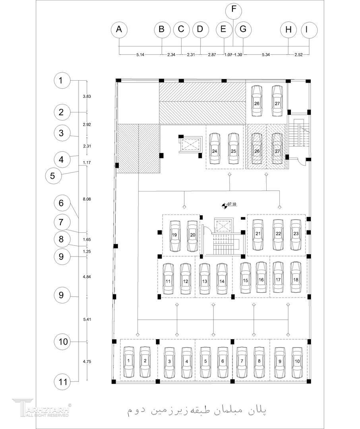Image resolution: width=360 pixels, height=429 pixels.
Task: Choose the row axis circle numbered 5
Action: click(53, 175)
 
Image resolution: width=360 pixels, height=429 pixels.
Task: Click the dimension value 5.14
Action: click(139, 55)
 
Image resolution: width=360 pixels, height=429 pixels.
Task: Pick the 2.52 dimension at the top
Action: click(298, 55)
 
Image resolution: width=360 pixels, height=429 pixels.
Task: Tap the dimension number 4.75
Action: click(87, 361)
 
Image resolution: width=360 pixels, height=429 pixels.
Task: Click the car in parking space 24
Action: click(215, 149)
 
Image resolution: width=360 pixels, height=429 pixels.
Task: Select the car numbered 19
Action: click(174, 236)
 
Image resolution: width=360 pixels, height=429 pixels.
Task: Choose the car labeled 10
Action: click(297, 362)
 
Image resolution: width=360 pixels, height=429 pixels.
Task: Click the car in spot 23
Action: click(296, 234)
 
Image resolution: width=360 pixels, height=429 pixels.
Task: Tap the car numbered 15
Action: click(246, 280)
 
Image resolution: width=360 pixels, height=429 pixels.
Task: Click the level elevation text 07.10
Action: click(231, 205)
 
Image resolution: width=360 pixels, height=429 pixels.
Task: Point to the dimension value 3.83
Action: click(87, 97)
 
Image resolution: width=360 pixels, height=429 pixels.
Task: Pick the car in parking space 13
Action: click(204, 280)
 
